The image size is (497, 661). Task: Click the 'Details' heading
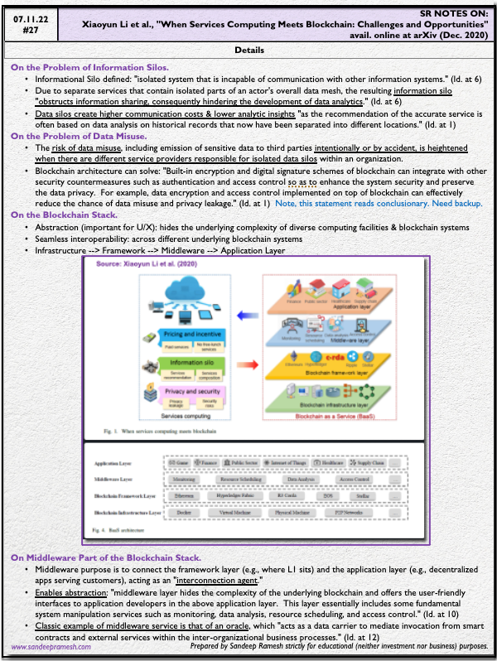[x=249, y=51]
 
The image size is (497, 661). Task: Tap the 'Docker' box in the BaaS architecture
[x=184, y=513]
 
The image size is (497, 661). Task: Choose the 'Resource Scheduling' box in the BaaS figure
[x=238, y=480]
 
